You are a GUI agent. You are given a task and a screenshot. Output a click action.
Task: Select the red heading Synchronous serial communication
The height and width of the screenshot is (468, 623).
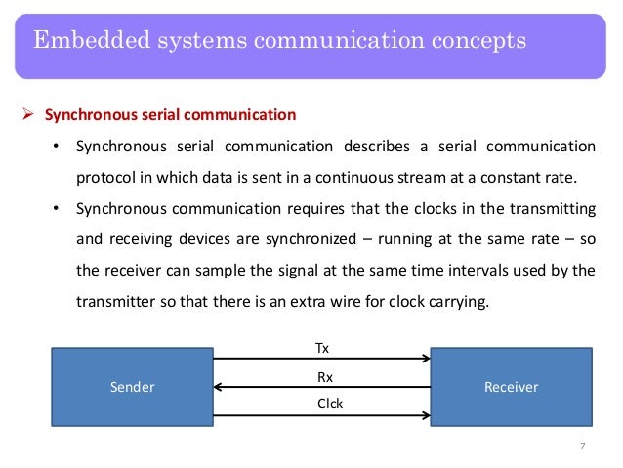[169, 115]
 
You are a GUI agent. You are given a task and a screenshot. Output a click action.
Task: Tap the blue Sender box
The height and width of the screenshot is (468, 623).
[133, 387]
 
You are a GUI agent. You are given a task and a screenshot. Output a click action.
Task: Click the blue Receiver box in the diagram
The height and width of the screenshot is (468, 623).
[511, 387]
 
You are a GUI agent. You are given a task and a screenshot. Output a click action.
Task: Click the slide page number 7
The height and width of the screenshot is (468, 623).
[582, 447]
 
